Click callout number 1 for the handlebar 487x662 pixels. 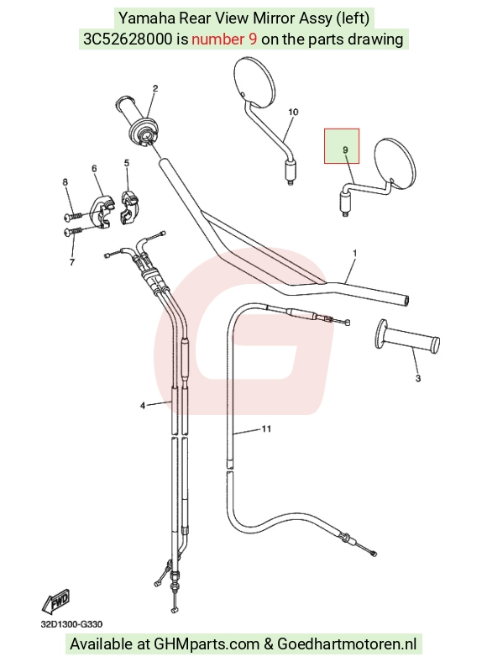355,254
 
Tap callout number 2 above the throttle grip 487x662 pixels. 155,88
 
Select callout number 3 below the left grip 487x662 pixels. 418,378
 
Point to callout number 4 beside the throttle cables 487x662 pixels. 143,405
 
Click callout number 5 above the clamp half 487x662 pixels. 127,163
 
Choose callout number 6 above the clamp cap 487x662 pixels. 94,169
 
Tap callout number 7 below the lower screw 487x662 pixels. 71,262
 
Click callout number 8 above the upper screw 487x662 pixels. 65,182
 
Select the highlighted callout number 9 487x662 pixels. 345,150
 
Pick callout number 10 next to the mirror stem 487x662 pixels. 293,112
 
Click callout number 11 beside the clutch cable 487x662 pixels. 266,429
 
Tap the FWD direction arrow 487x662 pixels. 55,602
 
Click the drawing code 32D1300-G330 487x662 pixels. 71,624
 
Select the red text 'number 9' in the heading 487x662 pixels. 224,39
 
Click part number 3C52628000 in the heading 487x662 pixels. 128,39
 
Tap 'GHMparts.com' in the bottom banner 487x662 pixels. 207,644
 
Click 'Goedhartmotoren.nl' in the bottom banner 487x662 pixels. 347,644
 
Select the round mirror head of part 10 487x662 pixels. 254,81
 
